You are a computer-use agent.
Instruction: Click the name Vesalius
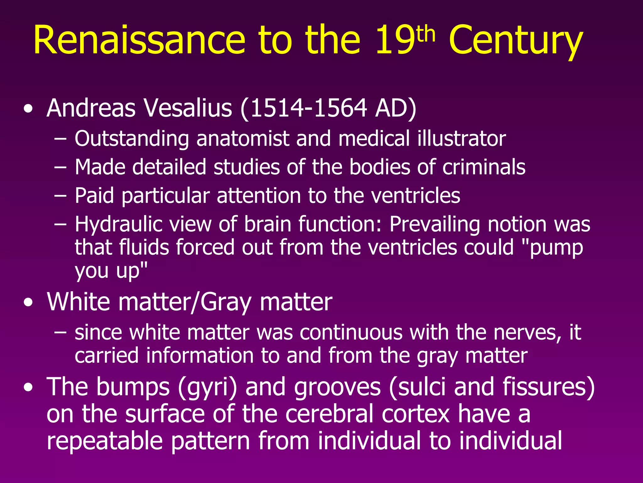tap(188, 108)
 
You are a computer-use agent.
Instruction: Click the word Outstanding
tap(132, 139)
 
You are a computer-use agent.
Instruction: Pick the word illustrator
tap(462, 139)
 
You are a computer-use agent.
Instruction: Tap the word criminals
tap(484, 167)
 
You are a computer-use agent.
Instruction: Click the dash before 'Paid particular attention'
tap(60, 196)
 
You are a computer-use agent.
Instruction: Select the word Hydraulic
tap(118, 225)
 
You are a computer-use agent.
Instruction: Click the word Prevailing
tap(435, 225)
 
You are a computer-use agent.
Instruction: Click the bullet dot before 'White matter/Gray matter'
tap(28, 303)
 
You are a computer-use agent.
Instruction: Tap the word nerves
tap(527, 332)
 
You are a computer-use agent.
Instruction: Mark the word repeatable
tap(105, 441)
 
